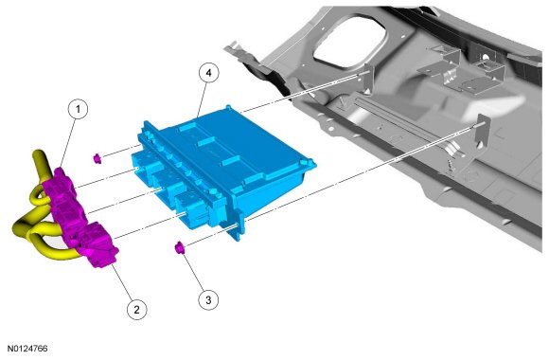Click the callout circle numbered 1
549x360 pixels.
click(78, 109)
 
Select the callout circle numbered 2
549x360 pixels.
click(136, 309)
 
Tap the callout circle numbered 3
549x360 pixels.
click(208, 300)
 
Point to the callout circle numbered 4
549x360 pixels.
click(208, 73)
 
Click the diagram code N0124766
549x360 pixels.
click(27, 349)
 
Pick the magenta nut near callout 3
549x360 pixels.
click(180, 248)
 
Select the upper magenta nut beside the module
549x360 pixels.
click(97, 158)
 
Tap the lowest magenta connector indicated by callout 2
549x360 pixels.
click(98, 244)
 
